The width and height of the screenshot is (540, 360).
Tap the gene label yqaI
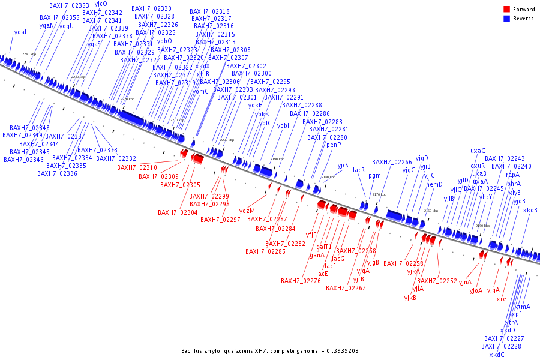click(20, 32)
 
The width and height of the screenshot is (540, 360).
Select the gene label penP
click(334, 145)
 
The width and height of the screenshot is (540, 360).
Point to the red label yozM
click(247, 211)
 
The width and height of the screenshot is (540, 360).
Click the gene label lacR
click(359, 170)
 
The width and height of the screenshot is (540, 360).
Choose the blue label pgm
click(374, 176)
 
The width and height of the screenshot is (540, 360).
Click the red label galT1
click(324, 247)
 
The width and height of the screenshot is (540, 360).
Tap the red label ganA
click(317, 255)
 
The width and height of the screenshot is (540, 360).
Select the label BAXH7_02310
click(137, 168)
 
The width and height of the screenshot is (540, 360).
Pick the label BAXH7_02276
click(301, 281)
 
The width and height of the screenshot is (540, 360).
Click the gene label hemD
click(434, 184)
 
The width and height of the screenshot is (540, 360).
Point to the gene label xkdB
click(530, 210)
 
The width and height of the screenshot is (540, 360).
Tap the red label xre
click(502, 299)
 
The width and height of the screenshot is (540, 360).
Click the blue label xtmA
click(523, 307)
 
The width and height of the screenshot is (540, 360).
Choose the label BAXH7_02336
click(57, 173)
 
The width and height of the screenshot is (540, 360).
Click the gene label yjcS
click(343, 165)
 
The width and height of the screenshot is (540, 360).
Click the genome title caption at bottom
click(270, 351)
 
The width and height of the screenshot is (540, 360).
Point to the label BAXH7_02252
click(437, 281)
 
